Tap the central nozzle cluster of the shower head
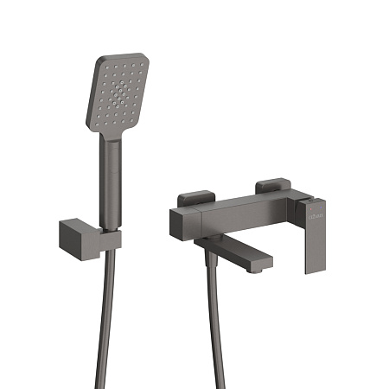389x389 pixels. (x=119, y=92)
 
